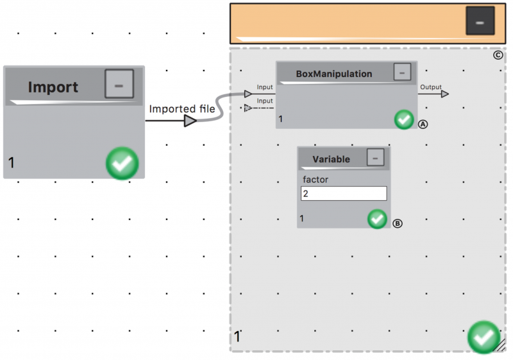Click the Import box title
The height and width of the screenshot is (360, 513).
pos(53,87)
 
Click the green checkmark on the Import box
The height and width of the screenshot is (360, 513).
pos(122,163)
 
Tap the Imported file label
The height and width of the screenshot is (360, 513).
pos(182,108)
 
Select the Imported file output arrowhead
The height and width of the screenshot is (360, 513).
pos(190,121)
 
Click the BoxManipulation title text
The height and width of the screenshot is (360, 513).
pos(334,74)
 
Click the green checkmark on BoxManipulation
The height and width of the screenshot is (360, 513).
pos(404,119)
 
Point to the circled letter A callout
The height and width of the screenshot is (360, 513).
pos(423,124)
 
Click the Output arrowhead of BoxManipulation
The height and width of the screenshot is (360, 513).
pos(445,94)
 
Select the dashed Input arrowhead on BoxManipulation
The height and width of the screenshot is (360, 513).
pos(248,108)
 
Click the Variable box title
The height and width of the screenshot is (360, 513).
pos(331,159)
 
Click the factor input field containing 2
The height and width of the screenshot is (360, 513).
pos(344,193)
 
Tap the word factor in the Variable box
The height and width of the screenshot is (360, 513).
pos(315,179)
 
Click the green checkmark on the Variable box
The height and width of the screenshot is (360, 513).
pos(377,219)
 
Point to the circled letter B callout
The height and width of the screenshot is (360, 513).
pos(398,223)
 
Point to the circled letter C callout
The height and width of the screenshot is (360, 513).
pos(498,55)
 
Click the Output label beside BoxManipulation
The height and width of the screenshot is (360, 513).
pos(431,87)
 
